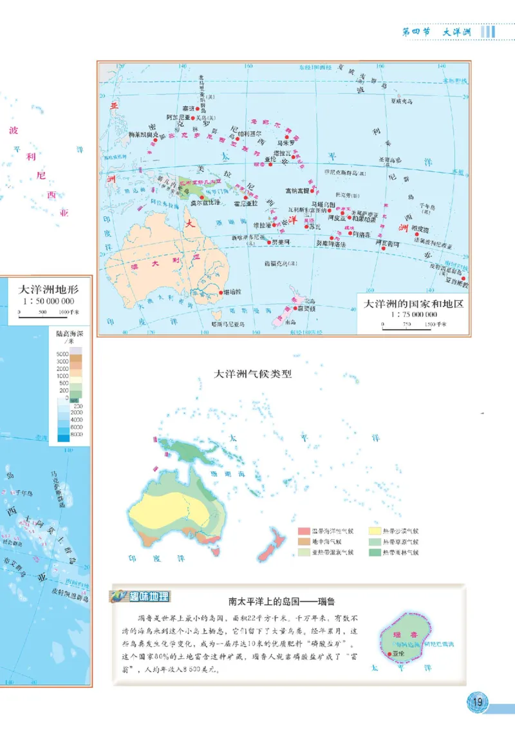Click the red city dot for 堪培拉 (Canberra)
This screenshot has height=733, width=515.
click(x=217, y=292)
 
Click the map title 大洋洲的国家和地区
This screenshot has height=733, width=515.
click(x=414, y=304)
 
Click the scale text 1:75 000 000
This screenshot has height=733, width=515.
click(x=414, y=314)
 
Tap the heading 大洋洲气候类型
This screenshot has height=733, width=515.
click(x=253, y=373)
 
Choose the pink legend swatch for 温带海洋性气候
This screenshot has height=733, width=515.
click(x=303, y=531)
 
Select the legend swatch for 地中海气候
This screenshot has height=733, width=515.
click(x=303, y=542)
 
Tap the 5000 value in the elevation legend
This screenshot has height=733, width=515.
click(x=62, y=354)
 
